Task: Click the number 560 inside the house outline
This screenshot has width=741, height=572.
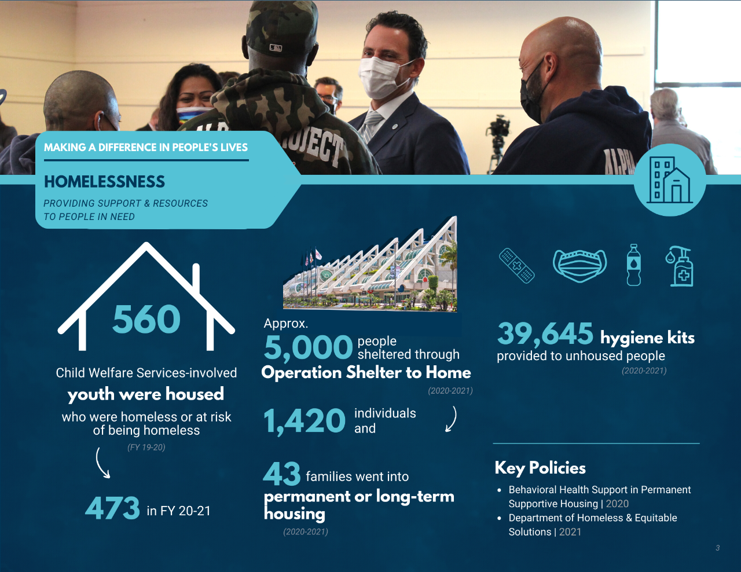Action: pos(146,320)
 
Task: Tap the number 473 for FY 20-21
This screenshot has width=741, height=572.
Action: pos(112,508)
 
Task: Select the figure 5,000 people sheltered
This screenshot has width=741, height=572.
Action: pos(308,348)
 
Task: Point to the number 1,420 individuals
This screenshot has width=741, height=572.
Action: pos(305,421)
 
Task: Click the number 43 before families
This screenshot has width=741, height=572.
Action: pos(282,474)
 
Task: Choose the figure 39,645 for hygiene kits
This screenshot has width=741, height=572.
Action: pos(545,334)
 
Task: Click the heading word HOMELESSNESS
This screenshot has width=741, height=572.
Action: pos(105,182)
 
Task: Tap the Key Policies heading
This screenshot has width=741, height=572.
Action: pos(540,468)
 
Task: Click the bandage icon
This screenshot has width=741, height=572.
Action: pos(517,266)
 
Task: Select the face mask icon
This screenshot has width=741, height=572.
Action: pos(579,266)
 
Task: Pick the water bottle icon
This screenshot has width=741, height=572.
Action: pos(634,265)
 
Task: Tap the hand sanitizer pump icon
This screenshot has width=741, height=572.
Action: pos(680,266)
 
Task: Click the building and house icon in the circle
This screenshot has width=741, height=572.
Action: pos(670,179)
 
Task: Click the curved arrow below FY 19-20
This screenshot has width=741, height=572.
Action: pos(102,463)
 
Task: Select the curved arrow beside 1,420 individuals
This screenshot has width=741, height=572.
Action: pos(451,419)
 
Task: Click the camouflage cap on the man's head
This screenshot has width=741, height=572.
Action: pos(282,29)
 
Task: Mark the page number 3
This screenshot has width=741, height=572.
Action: pos(718,548)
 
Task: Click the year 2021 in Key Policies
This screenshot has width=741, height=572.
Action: pos(570,532)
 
